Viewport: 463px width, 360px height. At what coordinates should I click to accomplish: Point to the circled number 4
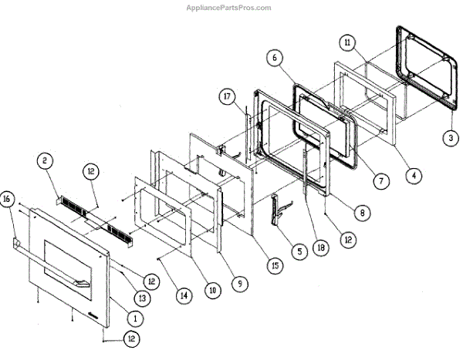414,175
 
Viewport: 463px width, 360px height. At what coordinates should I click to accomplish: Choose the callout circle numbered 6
276,56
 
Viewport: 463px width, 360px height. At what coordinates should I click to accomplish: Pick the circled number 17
225,99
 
